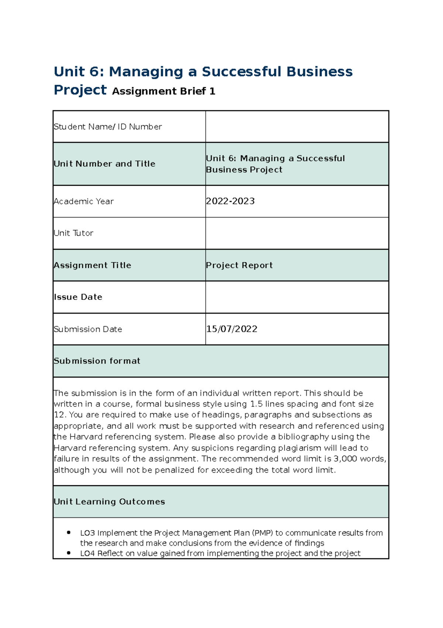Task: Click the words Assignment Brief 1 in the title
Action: [x=164, y=91]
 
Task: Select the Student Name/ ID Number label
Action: [x=108, y=127]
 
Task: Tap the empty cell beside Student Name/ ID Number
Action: [x=297, y=126]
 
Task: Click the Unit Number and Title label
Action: [x=104, y=164]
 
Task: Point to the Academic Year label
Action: [x=84, y=202]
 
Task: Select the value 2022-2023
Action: [x=230, y=201]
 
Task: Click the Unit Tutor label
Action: [x=73, y=233]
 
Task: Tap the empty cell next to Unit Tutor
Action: [x=297, y=233]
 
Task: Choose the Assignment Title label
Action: [x=92, y=265]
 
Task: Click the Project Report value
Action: [x=239, y=265]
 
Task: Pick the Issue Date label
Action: [x=78, y=297]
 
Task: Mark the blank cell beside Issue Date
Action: [x=297, y=297]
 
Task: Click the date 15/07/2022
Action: [x=231, y=329]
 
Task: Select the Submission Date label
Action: [x=88, y=329]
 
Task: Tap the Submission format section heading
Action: [x=97, y=361]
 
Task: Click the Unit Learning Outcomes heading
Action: [x=109, y=502]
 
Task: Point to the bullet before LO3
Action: [x=69, y=533]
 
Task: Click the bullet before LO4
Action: [x=69, y=553]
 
